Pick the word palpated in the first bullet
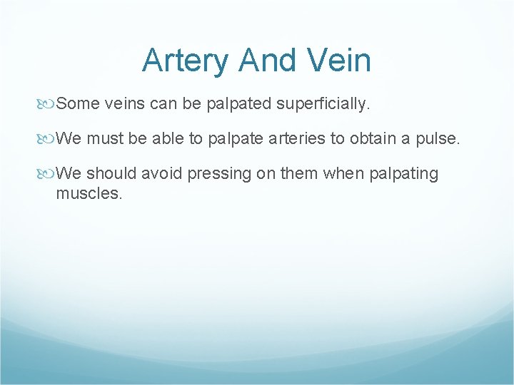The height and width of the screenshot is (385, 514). point(237,104)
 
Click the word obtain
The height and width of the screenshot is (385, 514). point(373,138)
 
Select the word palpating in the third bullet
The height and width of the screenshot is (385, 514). point(403,173)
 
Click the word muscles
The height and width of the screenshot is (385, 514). point(89,193)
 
